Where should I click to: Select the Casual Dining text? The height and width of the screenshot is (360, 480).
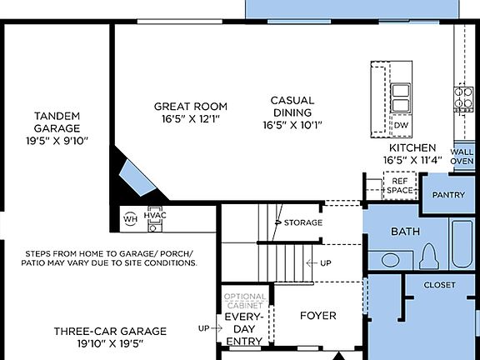coord(292,112)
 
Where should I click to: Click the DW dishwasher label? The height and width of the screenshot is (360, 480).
coord(401,126)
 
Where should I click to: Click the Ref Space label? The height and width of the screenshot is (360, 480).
coord(399,185)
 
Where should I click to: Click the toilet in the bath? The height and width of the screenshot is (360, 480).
coord(430,255)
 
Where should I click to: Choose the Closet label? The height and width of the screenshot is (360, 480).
coord(439,285)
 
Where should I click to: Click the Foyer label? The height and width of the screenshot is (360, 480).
coord(318,316)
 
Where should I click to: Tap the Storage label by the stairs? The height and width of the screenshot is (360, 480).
coord(302,222)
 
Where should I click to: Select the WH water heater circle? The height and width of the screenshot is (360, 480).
coord(130,219)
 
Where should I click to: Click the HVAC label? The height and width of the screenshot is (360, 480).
coord(156,215)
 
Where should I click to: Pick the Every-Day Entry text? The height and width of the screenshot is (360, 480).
coord(245,328)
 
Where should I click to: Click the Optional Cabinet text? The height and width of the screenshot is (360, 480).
coord(245,301)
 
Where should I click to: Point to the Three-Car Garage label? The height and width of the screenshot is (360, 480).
coord(110,337)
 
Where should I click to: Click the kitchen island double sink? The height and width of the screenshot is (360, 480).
coord(402,97)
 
